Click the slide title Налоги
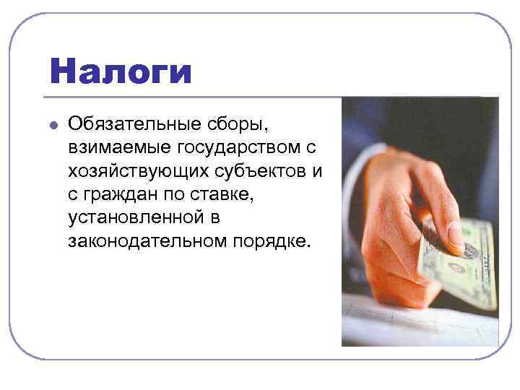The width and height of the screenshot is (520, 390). click(x=121, y=72)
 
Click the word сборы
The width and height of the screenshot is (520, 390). click(x=241, y=125)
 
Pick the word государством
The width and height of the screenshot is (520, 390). click(x=233, y=148)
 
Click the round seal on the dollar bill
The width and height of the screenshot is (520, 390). click(x=456, y=268)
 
